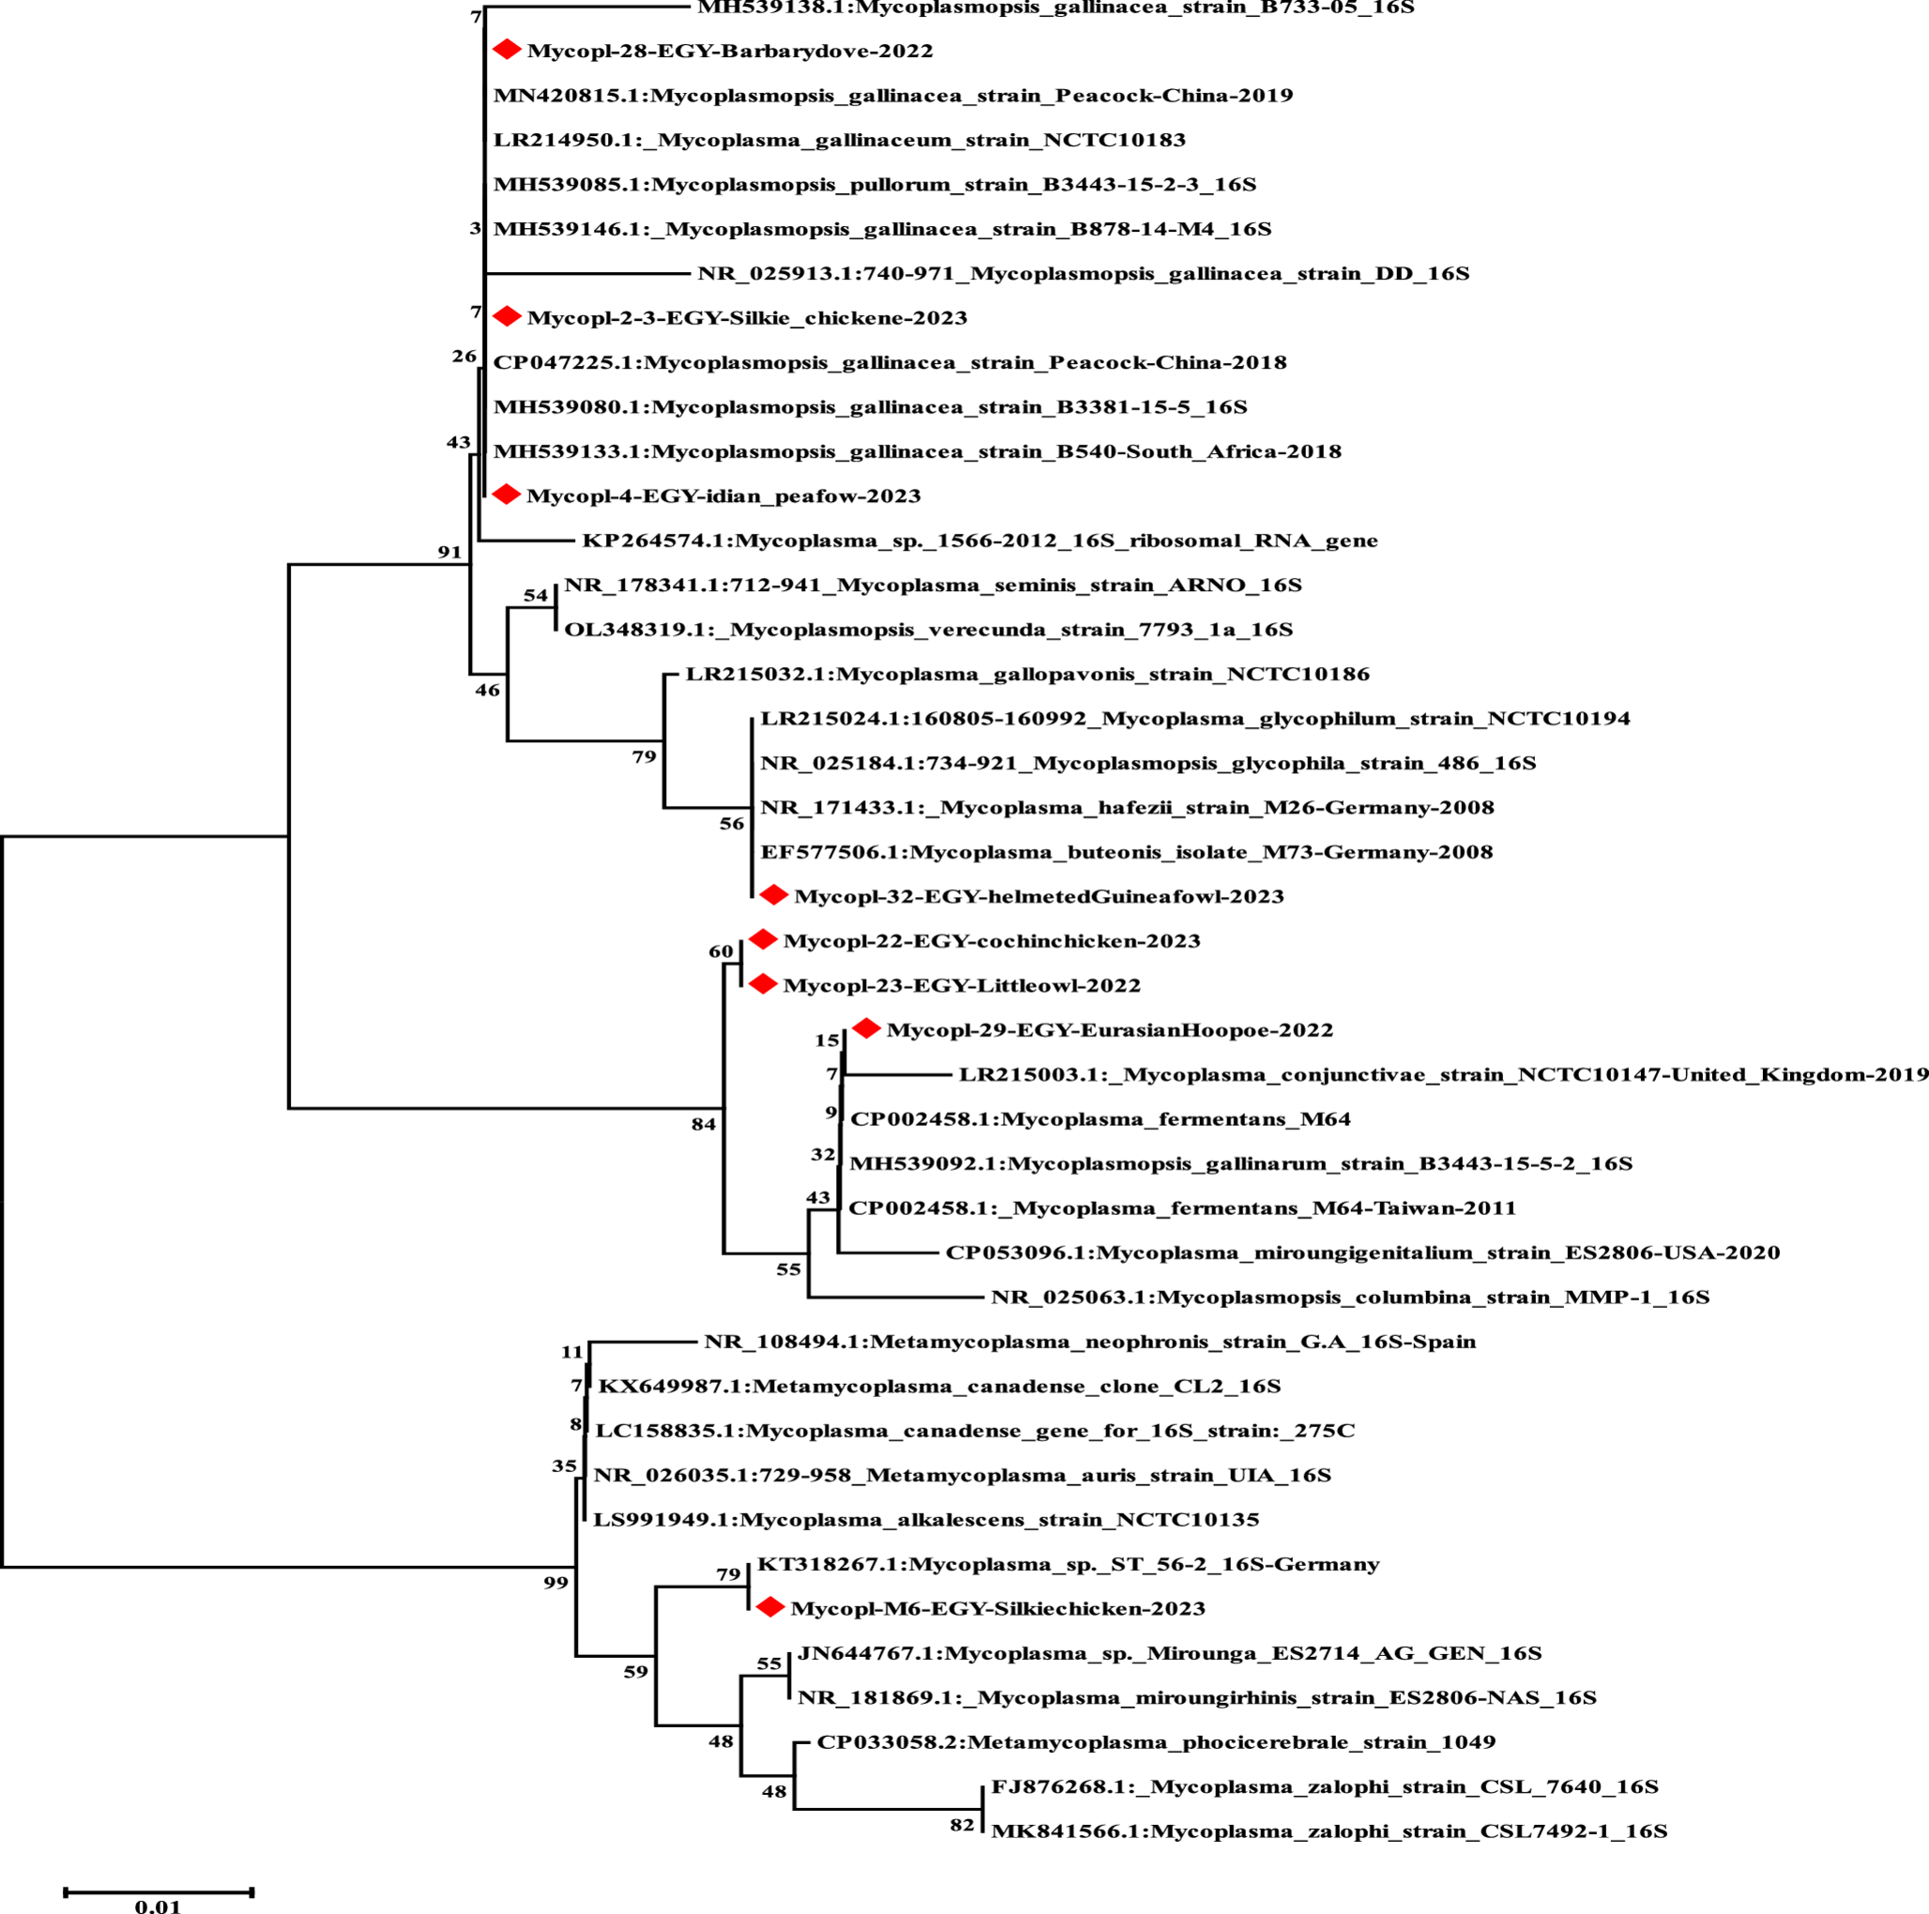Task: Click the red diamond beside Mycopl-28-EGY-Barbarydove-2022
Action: tap(508, 50)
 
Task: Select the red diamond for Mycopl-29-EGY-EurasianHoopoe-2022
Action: tap(866, 1028)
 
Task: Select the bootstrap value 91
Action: tap(449, 552)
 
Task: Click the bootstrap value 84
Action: tap(703, 1124)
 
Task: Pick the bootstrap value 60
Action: tap(721, 951)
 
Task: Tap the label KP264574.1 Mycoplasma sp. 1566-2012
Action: tap(980, 541)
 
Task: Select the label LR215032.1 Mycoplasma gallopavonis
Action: tap(1027, 675)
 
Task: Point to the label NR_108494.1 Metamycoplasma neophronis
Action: tap(1089, 1342)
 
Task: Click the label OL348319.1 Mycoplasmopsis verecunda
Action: tap(929, 630)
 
